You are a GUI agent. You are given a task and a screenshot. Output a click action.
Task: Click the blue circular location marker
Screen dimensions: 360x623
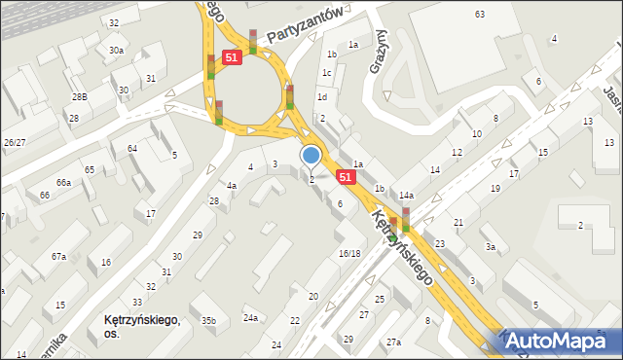click(311, 155)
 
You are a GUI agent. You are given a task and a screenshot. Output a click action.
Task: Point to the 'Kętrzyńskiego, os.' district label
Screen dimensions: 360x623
click(142, 325)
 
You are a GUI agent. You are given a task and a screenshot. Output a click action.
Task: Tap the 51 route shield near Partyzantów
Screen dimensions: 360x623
click(232, 58)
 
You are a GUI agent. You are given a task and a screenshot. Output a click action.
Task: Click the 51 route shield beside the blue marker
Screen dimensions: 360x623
click(346, 177)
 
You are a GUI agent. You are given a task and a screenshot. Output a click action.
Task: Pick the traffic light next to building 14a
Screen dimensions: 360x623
click(406, 220)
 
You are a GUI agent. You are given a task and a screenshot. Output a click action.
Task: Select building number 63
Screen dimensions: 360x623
click(479, 14)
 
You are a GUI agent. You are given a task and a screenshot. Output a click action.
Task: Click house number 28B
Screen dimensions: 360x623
click(79, 97)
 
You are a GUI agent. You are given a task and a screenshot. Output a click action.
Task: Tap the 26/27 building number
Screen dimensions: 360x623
click(15, 143)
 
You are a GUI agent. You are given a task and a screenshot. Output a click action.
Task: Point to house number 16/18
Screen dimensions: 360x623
click(349, 253)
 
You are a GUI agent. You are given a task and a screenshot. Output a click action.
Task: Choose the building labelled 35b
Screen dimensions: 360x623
click(207, 320)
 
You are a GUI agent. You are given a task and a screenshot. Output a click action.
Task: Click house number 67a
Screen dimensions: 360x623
click(59, 257)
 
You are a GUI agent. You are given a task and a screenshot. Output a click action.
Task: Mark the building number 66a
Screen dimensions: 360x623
click(63, 183)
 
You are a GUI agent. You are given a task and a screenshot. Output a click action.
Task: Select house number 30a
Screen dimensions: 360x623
click(116, 51)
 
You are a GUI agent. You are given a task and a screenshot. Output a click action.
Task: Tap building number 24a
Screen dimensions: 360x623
click(251, 318)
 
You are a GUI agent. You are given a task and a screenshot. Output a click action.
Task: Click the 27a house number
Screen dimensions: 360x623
click(393, 342)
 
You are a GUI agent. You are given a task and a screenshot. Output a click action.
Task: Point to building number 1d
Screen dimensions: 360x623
click(321, 97)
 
